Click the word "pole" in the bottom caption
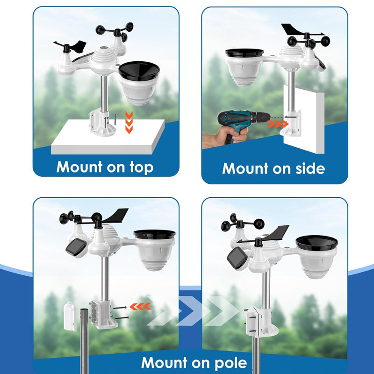click(230, 363)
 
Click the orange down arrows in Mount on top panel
click(129, 122)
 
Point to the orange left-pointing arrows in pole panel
click(140, 306)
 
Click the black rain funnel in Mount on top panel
click(139, 72)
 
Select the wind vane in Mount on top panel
click(71, 46)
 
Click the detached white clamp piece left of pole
click(70, 316)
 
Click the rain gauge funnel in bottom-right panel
click(316, 243)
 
